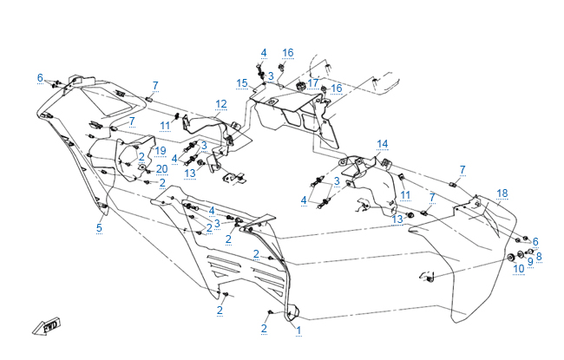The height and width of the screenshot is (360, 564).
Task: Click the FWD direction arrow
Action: click(45, 326)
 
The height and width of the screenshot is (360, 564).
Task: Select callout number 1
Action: click(298, 331)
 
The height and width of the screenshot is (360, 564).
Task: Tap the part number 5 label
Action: click(99, 227)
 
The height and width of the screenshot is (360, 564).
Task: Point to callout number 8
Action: click(538, 256)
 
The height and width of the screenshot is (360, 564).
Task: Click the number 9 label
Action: click(530, 262)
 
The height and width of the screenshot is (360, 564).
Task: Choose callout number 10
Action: click(518, 269)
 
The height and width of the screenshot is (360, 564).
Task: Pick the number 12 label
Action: click(221, 104)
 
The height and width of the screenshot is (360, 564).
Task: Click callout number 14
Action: click(383, 143)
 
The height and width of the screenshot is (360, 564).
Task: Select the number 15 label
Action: click(242, 82)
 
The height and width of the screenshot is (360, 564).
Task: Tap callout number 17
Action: click(313, 83)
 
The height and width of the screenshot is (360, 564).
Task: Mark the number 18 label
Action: click(502, 193)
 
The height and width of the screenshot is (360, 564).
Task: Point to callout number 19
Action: click(161, 151)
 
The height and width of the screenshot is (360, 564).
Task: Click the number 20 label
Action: click(162, 168)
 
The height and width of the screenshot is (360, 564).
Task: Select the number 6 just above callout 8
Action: click(535, 242)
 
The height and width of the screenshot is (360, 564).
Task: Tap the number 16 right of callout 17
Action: click(337, 88)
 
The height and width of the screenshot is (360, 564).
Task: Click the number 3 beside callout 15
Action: click(271, 76)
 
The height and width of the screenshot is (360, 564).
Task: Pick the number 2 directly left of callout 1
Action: click(264, 328)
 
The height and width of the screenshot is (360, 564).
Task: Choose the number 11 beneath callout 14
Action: click(405, 194)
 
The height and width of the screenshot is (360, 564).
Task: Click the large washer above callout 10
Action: click(510, 259)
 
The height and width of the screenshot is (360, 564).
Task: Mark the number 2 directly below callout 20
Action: click(162, 182)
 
